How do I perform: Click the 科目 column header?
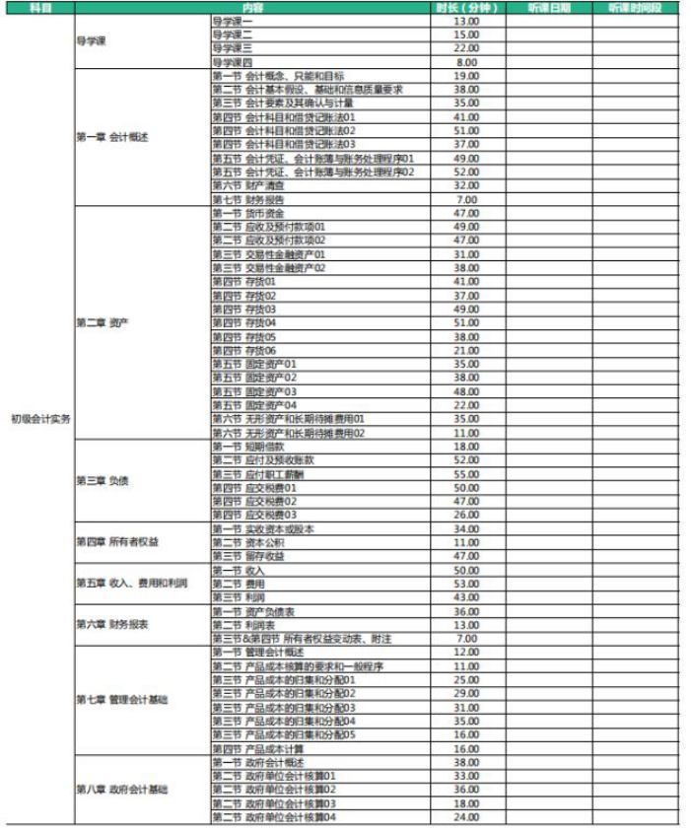(x=39, y=8)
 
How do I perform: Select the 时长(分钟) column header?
(x=467, y=8)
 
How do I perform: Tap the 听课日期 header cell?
(x=548, y=8)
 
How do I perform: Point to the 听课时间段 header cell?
(x=636, y=8)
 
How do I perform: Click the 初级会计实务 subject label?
(x=39, y=418)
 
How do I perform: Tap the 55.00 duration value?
(x=467, y=474)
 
